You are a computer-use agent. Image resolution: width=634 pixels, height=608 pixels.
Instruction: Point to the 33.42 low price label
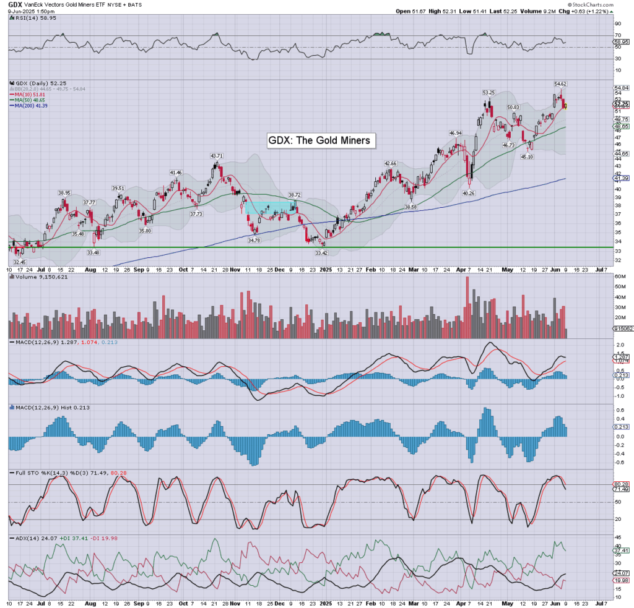[321, 252]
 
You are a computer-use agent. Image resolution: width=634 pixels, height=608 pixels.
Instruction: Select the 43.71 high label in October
[217, 156]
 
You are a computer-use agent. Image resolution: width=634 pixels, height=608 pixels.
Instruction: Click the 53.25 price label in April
[489, 93]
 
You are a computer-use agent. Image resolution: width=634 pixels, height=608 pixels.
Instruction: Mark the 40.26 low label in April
[469, 193]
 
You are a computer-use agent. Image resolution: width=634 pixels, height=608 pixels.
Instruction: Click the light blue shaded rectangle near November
[270, 207]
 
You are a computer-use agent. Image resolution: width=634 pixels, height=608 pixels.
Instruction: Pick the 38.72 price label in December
[295, 194]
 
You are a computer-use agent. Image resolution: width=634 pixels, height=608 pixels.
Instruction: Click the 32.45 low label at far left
[19, 262]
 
